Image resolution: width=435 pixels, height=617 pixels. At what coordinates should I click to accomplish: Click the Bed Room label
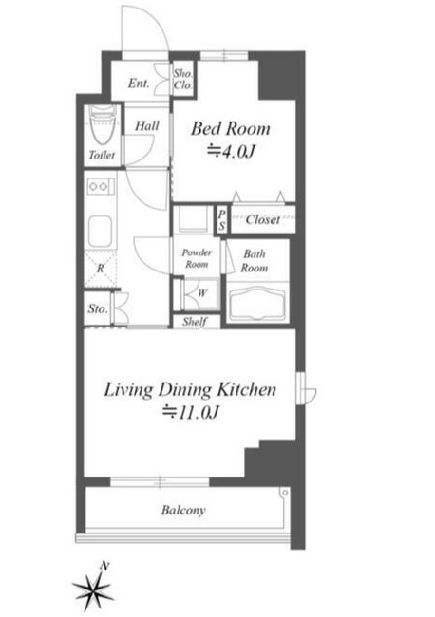tap(231, 129)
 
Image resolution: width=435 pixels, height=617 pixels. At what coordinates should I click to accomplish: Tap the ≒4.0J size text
tap(232, 151)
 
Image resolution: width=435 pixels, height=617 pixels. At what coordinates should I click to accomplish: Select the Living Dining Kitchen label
tap(190, 390)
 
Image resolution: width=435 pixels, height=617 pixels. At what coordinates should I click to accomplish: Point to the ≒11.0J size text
tap(191, 412)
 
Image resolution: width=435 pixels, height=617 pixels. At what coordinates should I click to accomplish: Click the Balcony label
tap(183, 511)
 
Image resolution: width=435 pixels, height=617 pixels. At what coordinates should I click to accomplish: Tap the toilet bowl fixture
tap(103, 125)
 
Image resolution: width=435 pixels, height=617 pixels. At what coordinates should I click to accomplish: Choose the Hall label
tap(147, 126)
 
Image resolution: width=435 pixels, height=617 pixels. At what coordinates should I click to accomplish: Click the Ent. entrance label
tap(139, 84)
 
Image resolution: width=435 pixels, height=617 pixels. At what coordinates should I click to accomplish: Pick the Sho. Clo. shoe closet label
tap(183, 79)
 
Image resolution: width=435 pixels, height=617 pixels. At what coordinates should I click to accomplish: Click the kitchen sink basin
tap(100, 231)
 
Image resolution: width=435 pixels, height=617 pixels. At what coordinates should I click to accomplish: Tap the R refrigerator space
tap(100, 269)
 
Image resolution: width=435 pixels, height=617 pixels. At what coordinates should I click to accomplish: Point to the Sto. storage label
tap(98, 308)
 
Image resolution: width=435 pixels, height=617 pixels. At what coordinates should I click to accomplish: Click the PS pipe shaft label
tap(222, 220)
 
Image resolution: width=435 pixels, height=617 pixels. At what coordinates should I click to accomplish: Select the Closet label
tap(263, 219)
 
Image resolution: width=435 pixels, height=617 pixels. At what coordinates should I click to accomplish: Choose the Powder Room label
tap(197, 258)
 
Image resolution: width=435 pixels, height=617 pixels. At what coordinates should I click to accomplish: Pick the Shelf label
tap(195, 322)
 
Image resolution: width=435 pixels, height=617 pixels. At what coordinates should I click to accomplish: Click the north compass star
tap(94, 588)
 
